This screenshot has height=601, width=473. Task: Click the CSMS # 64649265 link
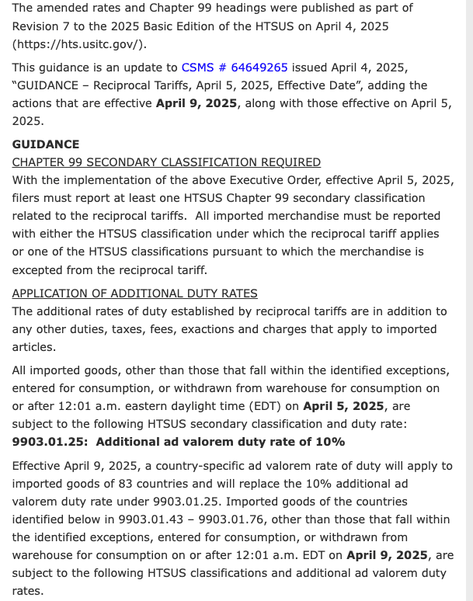[x=235, y=68]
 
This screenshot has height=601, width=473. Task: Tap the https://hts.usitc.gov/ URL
[x=78, y=43]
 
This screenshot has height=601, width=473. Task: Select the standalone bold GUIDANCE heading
[x=46, y=144]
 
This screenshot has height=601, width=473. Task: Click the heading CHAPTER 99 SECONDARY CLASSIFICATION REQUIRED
[x=166, y=162]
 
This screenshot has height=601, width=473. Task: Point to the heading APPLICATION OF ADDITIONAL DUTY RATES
[x=135, y=294]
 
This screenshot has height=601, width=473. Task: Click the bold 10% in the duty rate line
[x=329, y=442]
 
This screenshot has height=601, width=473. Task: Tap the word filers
[x=27, y=198]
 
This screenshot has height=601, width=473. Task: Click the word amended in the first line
[x=64, y=8]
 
